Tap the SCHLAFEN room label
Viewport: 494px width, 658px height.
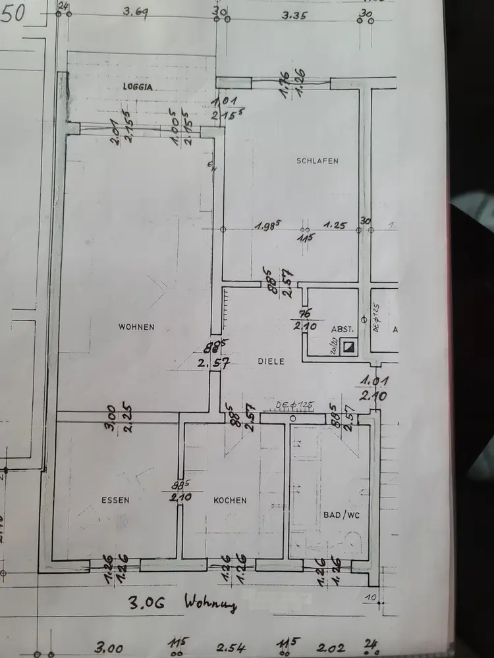(x=317, y=161)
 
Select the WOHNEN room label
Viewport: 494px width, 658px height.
(x=136, y=326)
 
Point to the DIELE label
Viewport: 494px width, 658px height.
(x=271, y=361)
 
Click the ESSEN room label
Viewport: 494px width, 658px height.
(x=115, y=500)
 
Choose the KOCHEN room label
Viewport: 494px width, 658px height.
(x=230, y=500)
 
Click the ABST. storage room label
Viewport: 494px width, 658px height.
(x=343, y=328)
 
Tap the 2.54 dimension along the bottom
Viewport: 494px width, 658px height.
(x=231, y=647)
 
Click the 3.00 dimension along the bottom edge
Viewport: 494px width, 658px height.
(x=109, y=648)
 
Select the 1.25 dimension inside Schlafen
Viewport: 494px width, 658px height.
(x=335, y=225)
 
